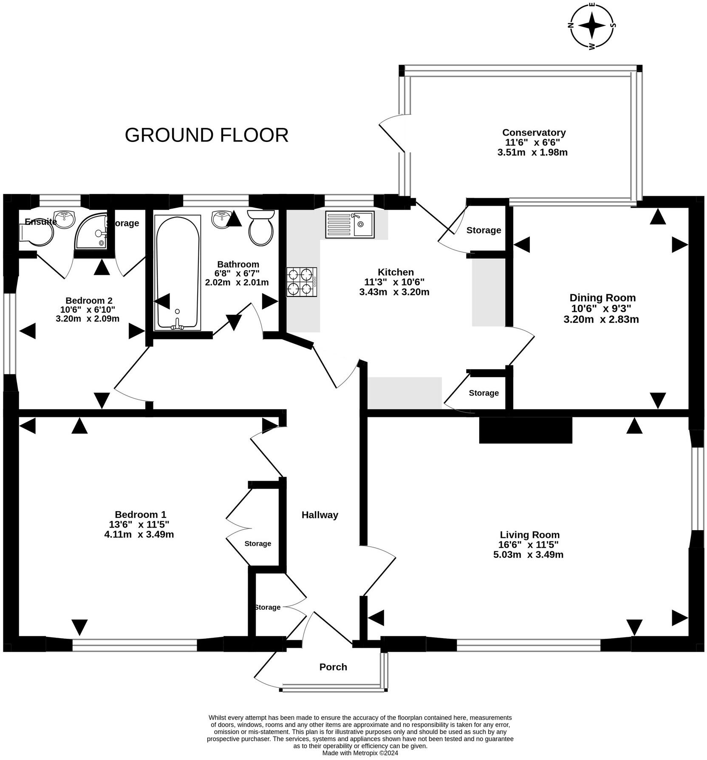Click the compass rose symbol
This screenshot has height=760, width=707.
[591, 25]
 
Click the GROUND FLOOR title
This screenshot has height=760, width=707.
[206, 135]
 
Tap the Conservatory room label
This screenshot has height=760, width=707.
[534, 133]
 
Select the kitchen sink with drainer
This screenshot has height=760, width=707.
[350, 224]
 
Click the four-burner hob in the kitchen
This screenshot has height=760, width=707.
[302, 282]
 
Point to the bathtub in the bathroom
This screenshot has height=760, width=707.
[178, 272]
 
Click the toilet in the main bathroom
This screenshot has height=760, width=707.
[261, 228]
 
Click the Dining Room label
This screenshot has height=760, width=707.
[602, 298]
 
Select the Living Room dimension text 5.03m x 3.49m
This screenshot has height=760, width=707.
[528, 554]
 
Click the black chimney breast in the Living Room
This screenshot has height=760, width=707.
[525, 430]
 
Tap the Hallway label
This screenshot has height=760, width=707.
[320, 515]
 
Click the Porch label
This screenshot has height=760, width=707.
[333, 667]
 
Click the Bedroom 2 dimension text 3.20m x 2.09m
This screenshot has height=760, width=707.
[88, 319]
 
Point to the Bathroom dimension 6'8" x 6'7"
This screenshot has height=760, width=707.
[237, 273]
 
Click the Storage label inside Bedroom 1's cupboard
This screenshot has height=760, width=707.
[257, 544]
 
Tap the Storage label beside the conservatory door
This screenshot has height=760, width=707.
[484, 230]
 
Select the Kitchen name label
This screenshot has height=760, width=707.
[396, 272]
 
